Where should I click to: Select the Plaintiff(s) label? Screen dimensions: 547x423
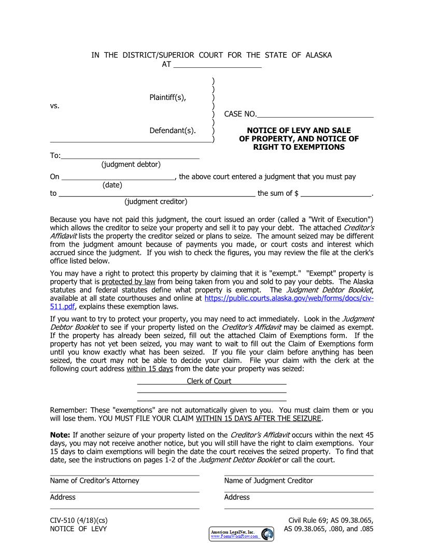coord(167,97)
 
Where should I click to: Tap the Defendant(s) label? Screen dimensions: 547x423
coord(173,131)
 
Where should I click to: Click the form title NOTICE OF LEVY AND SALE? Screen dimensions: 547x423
coord(299,131)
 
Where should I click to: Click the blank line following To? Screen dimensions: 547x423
coord(130,156)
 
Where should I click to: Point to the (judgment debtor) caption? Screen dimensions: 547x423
coord(131,164)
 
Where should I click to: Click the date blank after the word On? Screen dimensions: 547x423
coord(118,177)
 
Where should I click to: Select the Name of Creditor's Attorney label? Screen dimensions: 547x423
coord(94,481)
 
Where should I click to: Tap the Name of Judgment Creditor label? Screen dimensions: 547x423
coord(269,481)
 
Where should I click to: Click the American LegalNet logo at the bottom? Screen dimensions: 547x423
coord(242,534)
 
